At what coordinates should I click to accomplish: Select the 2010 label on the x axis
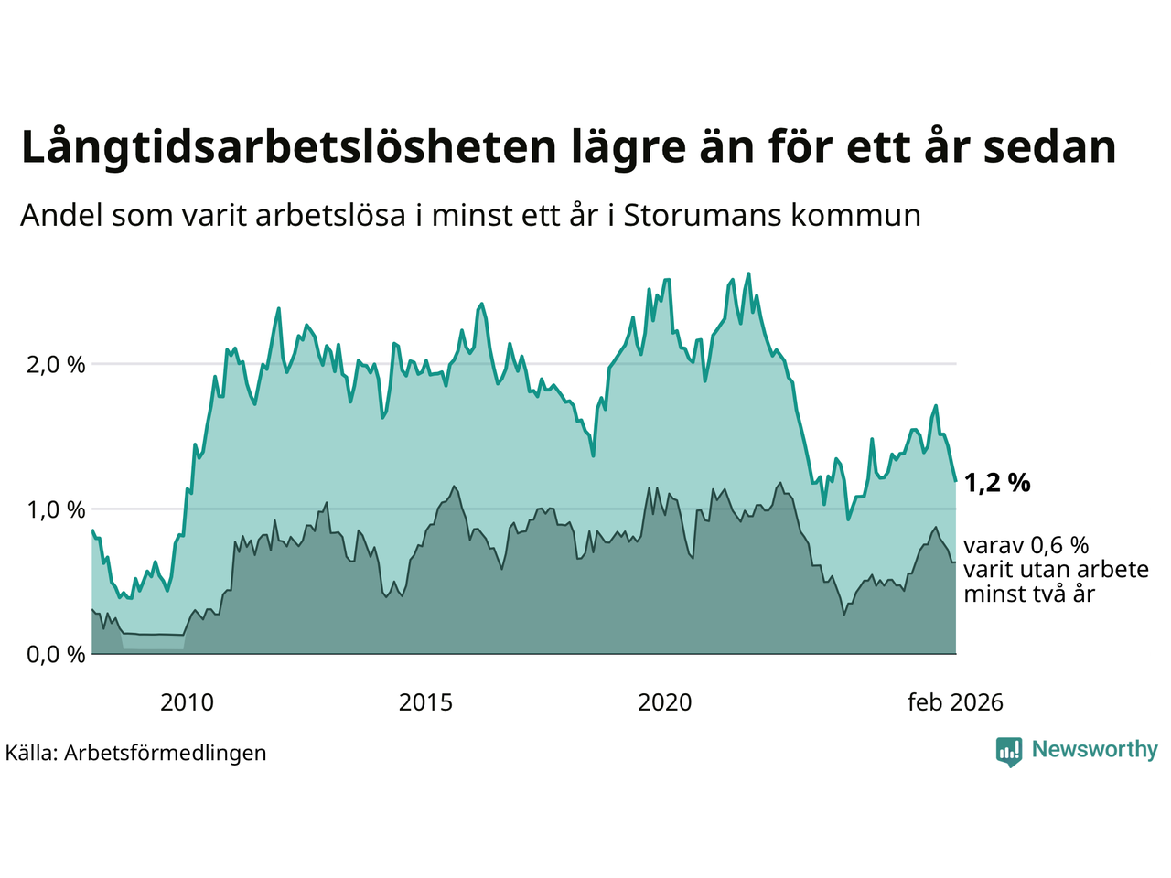pos(187,702)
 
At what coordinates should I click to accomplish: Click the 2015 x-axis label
pos(425,702)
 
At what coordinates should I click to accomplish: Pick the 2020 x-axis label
pos(664,702)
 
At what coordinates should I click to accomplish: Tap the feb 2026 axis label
pos(955,702)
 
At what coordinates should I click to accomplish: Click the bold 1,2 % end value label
pos(997,483)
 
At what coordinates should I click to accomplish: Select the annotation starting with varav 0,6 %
pos(1056,570)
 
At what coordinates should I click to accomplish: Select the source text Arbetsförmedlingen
pos(166,753)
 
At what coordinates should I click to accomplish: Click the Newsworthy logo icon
pos(1009,751)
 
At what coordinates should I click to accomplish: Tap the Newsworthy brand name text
pos(1095,750)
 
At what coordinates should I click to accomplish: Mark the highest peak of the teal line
pos(748,273)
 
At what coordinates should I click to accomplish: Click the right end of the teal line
pos(955,480)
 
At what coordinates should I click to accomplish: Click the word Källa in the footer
pos(31,753)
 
